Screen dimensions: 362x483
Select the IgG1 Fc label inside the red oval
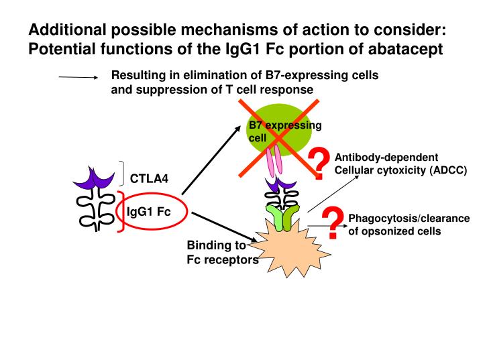149,213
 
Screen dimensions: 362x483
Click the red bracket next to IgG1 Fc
121,211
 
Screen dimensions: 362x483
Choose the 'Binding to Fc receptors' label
220,253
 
